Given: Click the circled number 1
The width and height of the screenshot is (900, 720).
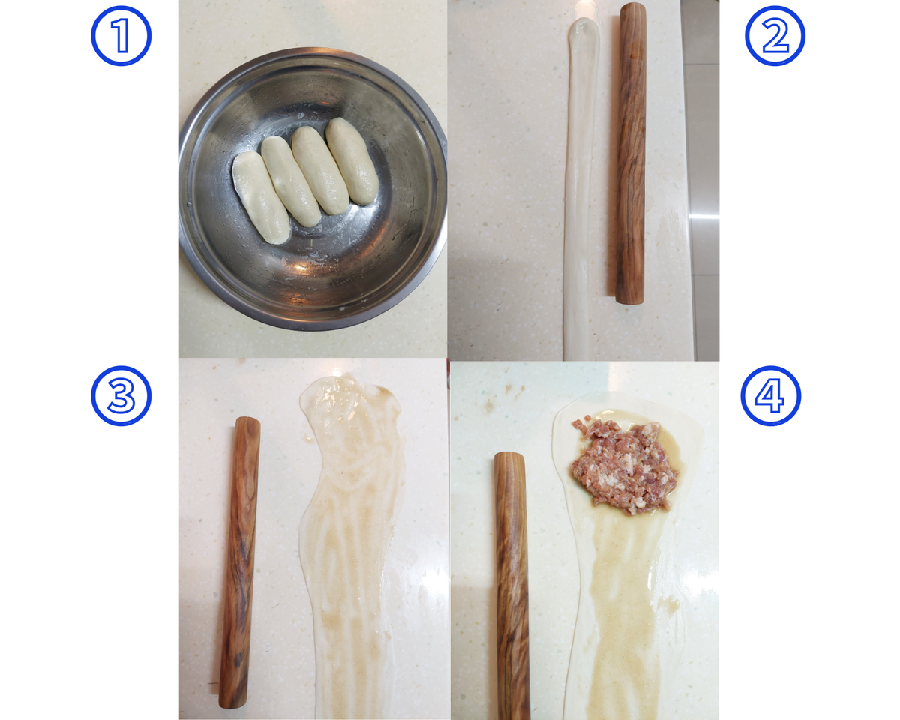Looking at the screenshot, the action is [121, 36].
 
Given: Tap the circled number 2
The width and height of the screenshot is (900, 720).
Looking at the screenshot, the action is [775, 36].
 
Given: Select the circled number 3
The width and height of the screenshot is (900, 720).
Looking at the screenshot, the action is [121, 396].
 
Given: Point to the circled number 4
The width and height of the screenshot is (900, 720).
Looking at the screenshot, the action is [771, 396].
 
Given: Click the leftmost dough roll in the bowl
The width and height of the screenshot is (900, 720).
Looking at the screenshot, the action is [260, 197].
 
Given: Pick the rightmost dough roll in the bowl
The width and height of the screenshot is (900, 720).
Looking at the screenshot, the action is [352, 161].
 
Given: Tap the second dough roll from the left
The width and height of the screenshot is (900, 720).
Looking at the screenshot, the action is [290, 181].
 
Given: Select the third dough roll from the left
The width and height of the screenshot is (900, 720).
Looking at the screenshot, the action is [320, 170].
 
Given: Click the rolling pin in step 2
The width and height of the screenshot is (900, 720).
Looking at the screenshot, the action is [630, 153].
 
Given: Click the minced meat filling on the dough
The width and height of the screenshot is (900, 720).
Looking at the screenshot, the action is [624, 465].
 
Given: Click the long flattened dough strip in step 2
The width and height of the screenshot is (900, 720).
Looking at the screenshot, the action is [579, 189].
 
